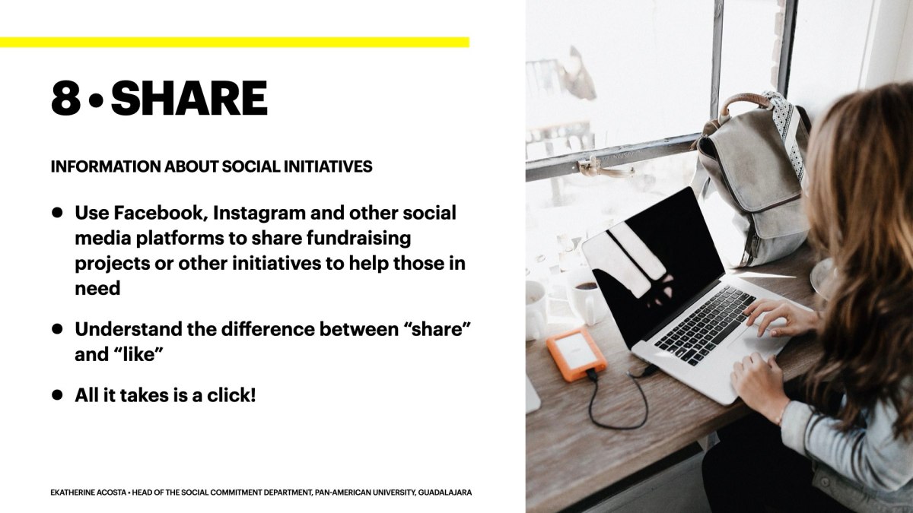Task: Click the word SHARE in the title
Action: point(189,98)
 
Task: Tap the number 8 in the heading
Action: point(65,98)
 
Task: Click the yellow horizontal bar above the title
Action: point(235,43)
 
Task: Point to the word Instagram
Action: point(259,214)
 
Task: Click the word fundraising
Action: point(358,239)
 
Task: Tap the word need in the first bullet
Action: point(97,289)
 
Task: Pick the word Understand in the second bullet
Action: point(129,329)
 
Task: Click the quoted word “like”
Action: point(137,355)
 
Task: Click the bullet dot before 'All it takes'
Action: point(57,394)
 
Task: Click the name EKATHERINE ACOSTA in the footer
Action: point(88,492)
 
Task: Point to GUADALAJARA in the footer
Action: point(445,492)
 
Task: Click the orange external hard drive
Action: point(577,353)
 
